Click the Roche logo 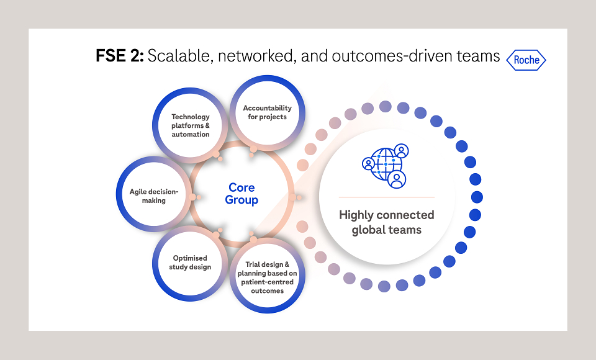point(526,60)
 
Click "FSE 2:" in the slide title point(120,56)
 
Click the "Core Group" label point(242,194)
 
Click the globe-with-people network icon point(386,166)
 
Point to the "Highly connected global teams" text point(387,222)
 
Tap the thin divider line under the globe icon point(387,197)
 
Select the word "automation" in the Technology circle point(191,134)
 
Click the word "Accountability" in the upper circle point(267,108)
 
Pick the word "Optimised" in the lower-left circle point(190,258)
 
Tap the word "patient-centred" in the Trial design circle point(267,282)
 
